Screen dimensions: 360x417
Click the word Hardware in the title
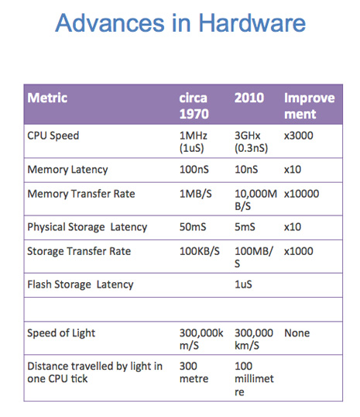coord(252,23)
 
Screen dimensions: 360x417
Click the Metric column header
coord(47,98)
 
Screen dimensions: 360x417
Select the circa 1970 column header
coord(194,106)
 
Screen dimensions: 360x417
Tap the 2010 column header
coord(249,98)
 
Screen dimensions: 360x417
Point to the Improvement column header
coord(310,106)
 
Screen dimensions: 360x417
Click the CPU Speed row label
coord(53,136)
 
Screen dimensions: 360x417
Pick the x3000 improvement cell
coord(299,136)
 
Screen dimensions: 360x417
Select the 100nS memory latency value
coord(194,170)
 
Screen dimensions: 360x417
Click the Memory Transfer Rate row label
coord(81,194)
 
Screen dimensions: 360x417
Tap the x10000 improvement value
coord(302,194)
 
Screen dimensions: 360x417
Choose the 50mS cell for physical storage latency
coord(193,227)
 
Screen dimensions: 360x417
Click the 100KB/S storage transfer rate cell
coord(200,251)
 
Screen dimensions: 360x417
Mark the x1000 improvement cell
coord(299,251)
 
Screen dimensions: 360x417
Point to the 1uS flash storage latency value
coord(243,284)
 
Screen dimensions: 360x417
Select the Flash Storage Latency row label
coord(81,284)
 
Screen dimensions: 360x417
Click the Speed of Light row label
coord(61,333)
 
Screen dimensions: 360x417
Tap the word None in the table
coord(297,333)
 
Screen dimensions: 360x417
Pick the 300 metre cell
coord(194,372)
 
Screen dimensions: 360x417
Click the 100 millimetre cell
coord(254,379)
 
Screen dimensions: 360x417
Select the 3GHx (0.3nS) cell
coord(251,142)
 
